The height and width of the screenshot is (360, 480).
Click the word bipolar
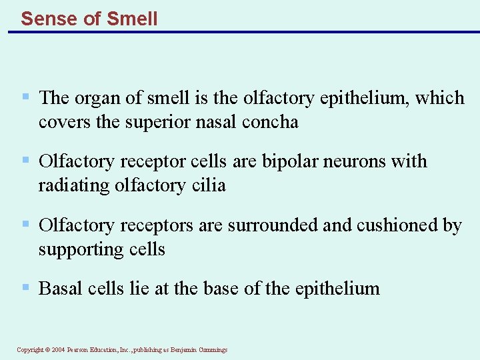(x=291, y=161)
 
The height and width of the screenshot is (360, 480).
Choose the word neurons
(x=360, y=161)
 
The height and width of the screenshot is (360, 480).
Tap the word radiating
(x=74, y=185)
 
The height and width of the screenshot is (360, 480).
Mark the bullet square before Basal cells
(x=25, y=287)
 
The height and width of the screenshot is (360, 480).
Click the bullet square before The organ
(x=25, y=97)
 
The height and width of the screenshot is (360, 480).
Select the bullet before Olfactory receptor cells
(x=25, y=160)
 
